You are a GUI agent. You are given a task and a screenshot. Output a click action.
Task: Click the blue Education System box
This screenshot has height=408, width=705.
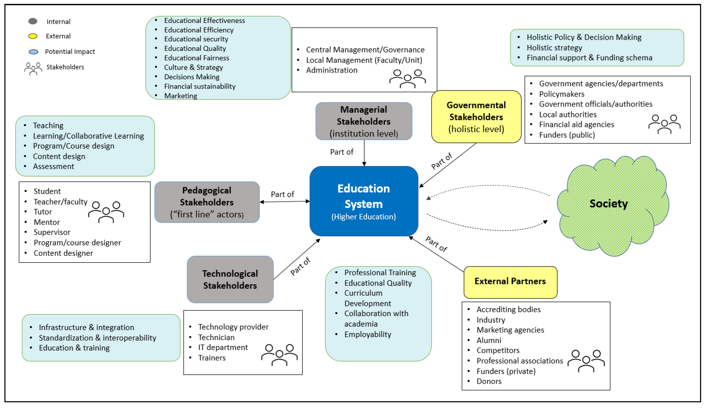point(364,201)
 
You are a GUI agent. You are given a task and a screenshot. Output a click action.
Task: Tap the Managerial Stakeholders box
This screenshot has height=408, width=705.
point(364,121)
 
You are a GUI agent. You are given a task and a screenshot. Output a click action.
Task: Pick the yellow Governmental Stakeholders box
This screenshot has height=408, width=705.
point(476,117)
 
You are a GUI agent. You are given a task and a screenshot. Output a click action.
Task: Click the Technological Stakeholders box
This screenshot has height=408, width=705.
point(230,279)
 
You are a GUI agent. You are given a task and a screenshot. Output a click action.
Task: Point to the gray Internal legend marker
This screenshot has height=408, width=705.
point(33,21)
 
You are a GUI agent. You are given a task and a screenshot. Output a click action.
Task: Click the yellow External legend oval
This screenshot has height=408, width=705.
point(33,36)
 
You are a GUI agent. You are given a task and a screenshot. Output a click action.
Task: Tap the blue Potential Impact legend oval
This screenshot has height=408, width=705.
point(33,52)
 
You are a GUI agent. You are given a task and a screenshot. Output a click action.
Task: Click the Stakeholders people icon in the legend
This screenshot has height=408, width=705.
point(33,68)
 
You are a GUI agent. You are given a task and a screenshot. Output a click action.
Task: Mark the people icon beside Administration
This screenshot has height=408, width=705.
point(407,79)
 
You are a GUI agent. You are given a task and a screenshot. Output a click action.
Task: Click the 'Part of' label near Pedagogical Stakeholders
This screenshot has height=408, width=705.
point(282,194)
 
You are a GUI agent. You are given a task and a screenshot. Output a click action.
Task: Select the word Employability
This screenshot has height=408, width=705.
point(368,334)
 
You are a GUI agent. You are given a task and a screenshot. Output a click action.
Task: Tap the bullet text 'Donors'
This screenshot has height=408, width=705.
point(489,381)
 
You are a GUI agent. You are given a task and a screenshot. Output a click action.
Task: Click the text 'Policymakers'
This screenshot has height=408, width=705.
point(562,94)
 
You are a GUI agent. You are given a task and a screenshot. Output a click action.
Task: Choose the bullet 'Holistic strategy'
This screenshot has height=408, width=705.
point(554,48)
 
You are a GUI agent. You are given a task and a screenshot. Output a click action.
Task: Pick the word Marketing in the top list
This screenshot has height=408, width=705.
point(180,96)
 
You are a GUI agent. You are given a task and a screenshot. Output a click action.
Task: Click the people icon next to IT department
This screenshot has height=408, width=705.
point(279,355)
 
